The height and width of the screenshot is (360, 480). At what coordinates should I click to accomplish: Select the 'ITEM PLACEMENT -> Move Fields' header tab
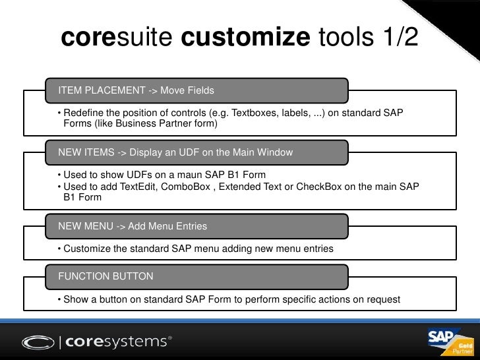coord(136,89)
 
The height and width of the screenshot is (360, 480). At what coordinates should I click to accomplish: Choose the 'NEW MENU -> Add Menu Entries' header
coord(133,226)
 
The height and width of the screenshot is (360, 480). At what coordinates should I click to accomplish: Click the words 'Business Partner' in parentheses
coord(162,124)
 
